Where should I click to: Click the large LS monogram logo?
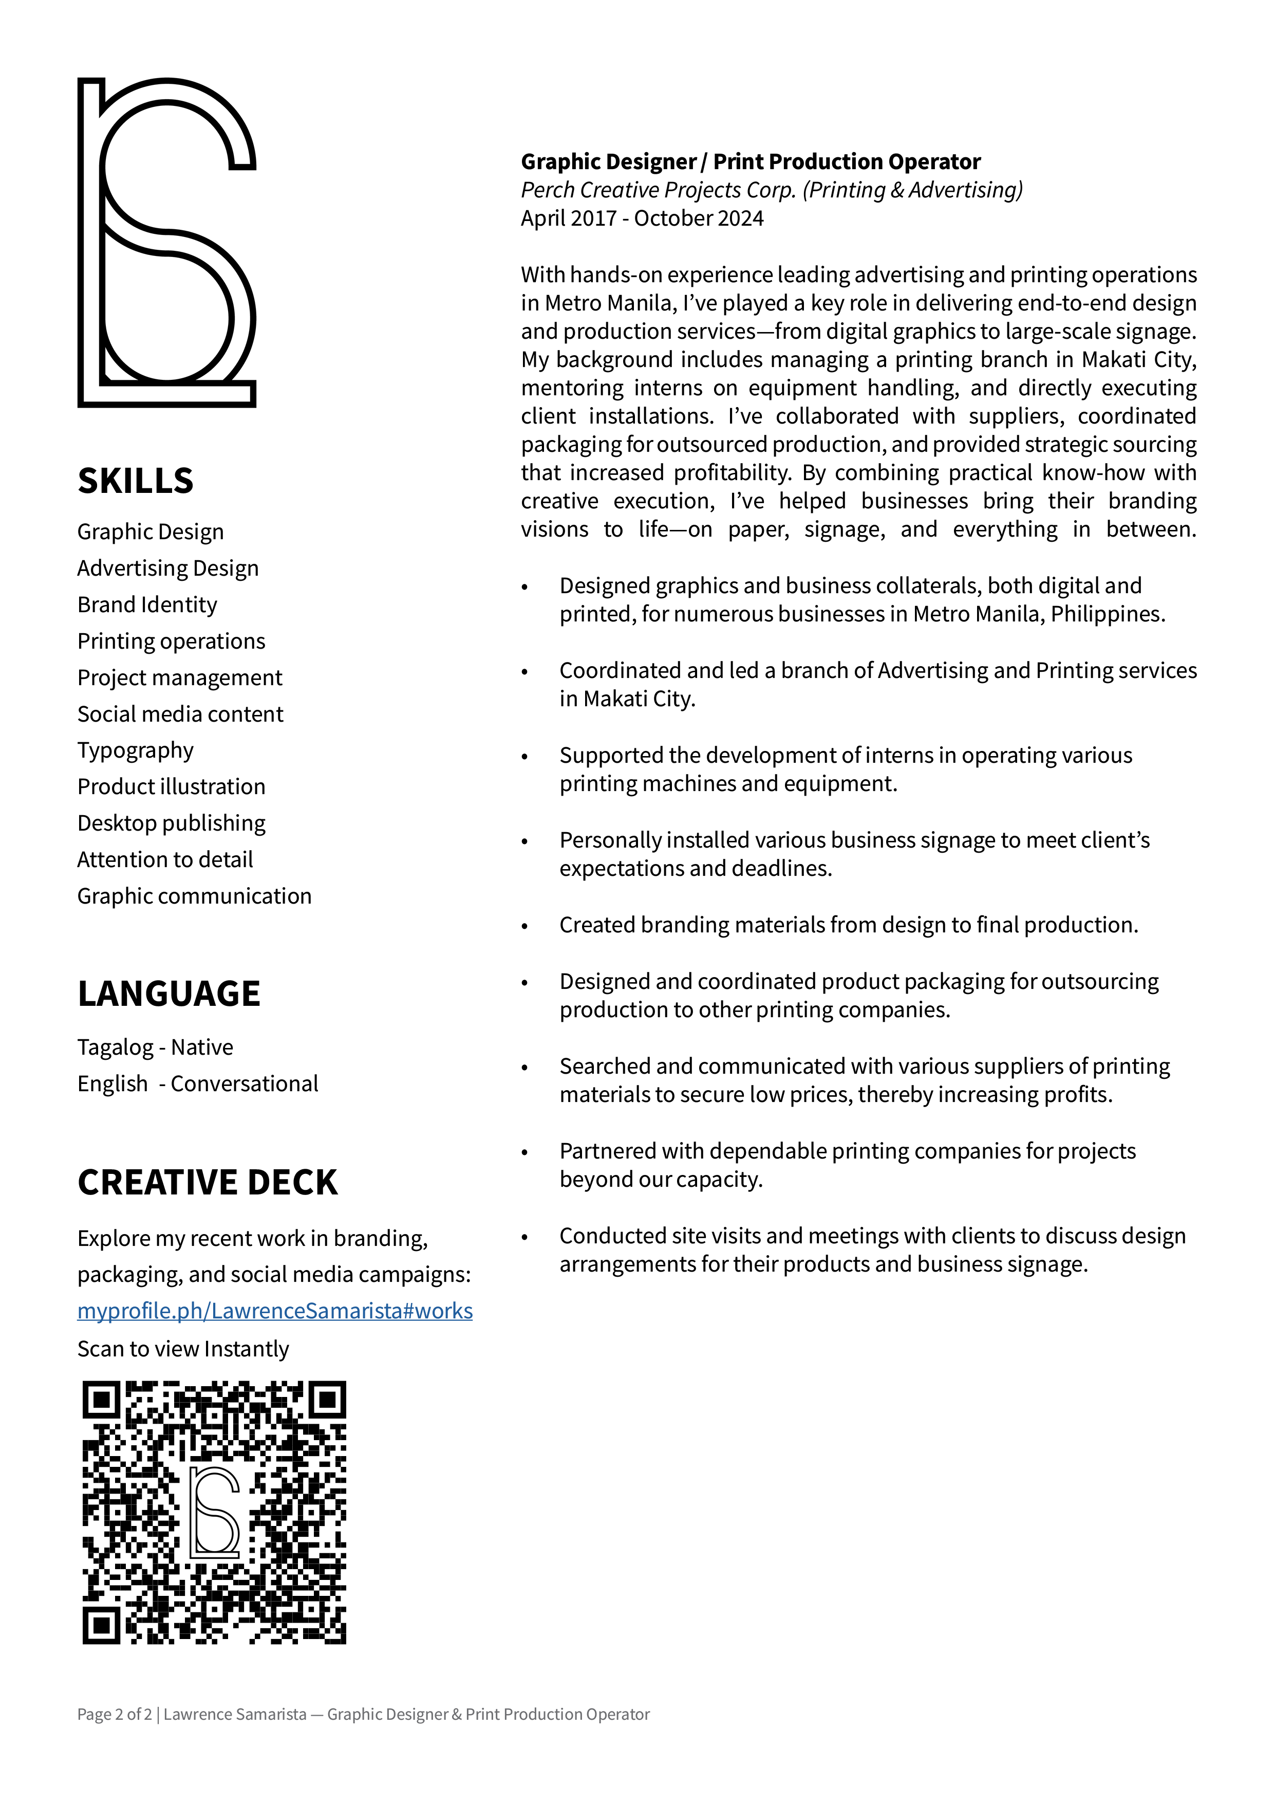click(166, 242)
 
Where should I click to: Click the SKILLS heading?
click(135, 481)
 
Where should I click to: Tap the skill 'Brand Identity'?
click(147, 604)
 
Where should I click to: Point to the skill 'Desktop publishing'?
click(171, 823)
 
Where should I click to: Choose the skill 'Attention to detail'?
click(165, 860)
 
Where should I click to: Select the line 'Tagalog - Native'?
click(155, 1047)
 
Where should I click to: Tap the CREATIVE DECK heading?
click(207, 1183)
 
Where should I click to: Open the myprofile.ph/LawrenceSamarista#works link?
click(275, 1312)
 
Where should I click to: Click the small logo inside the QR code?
click(214, 1512)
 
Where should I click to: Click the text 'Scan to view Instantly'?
click(183, 1349)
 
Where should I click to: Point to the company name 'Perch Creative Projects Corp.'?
click(658, 190)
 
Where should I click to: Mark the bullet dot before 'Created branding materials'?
click(525, 927)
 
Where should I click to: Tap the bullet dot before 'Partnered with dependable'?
click(525, 1153)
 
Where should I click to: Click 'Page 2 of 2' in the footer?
click(114, 1714)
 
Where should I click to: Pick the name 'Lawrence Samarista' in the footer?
click(235, 1714)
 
